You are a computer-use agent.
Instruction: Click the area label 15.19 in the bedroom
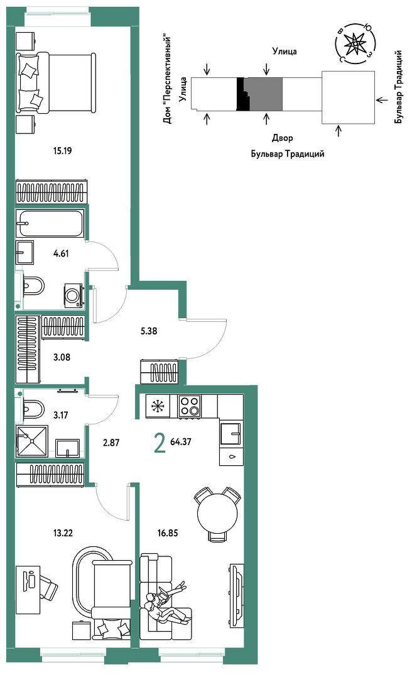pos(62,151)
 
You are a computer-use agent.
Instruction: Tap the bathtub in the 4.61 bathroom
pos(50,223)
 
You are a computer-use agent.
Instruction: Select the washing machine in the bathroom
pos(73,295)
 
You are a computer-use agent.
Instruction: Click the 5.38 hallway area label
pos(149,331)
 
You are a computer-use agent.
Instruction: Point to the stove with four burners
pos(190,406)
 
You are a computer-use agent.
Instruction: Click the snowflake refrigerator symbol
pos(158,406)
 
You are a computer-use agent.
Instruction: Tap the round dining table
pos(217,514)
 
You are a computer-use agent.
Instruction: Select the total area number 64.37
pos(181,442)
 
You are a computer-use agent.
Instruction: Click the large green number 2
pos(160,444)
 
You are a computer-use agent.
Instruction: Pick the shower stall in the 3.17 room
pos(31,441)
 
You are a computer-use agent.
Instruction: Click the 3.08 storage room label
pos(62,357)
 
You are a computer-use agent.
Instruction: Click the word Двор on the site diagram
pos(283,138)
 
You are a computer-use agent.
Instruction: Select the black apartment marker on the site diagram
pos(242,94)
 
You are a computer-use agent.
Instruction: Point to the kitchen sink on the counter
pos(230,434)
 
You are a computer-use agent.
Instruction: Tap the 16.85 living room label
pos(168,533)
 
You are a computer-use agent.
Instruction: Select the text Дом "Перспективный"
pos(168,80)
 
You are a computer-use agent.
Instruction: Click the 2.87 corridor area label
pos(111,443)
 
